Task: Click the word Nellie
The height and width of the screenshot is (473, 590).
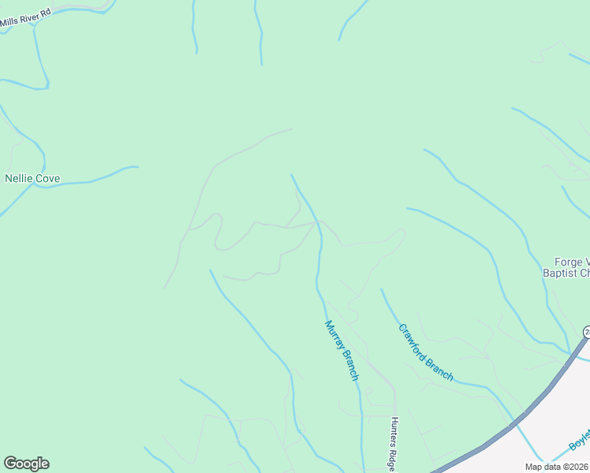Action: (20, 179)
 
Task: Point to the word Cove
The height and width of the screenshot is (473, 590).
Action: (47, 179)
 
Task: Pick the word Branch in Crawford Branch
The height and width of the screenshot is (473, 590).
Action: (440, 367)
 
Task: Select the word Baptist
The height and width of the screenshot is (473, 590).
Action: (559, 274)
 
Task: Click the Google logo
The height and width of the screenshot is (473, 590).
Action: (26, 464)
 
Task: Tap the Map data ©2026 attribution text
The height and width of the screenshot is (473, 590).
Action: (556, 467)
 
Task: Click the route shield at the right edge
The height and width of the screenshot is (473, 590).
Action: (586, 332)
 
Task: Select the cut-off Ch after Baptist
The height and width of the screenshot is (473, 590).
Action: (584, 274)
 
